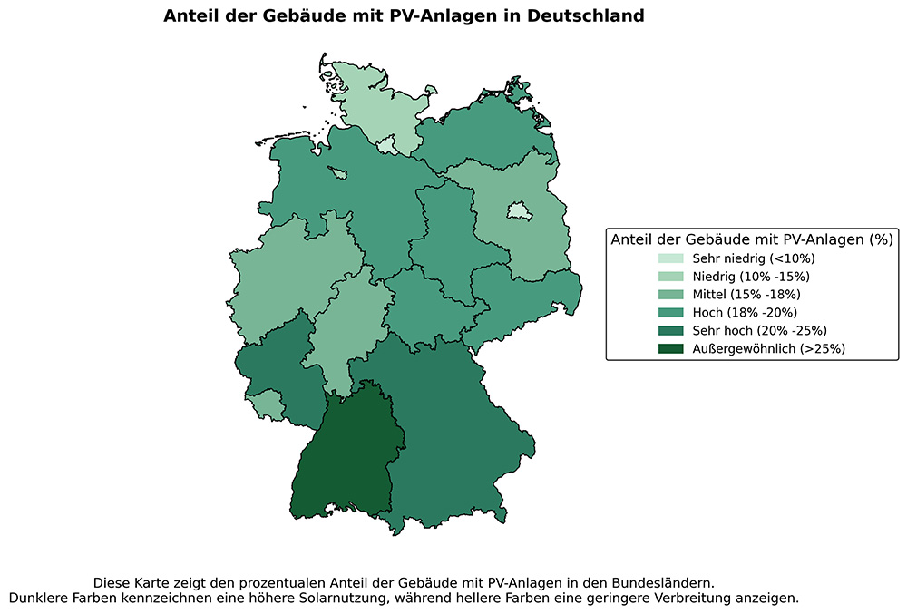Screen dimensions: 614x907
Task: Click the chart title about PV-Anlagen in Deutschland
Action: (x=404, y=16)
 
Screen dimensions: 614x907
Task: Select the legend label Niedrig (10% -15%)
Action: (x=751, y=277)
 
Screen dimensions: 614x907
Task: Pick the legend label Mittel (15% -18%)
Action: (x=747, y=295)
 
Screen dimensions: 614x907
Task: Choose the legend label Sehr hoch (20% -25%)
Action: (x=759, y=330)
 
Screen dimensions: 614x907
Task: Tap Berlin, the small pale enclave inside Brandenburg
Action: (x=518, y=211)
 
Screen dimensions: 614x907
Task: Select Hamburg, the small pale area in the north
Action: (x=387, y=145)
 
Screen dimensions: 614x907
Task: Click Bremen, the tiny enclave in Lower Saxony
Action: (x=338, y=172)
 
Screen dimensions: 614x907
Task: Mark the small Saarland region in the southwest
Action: (x=264, y=404)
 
